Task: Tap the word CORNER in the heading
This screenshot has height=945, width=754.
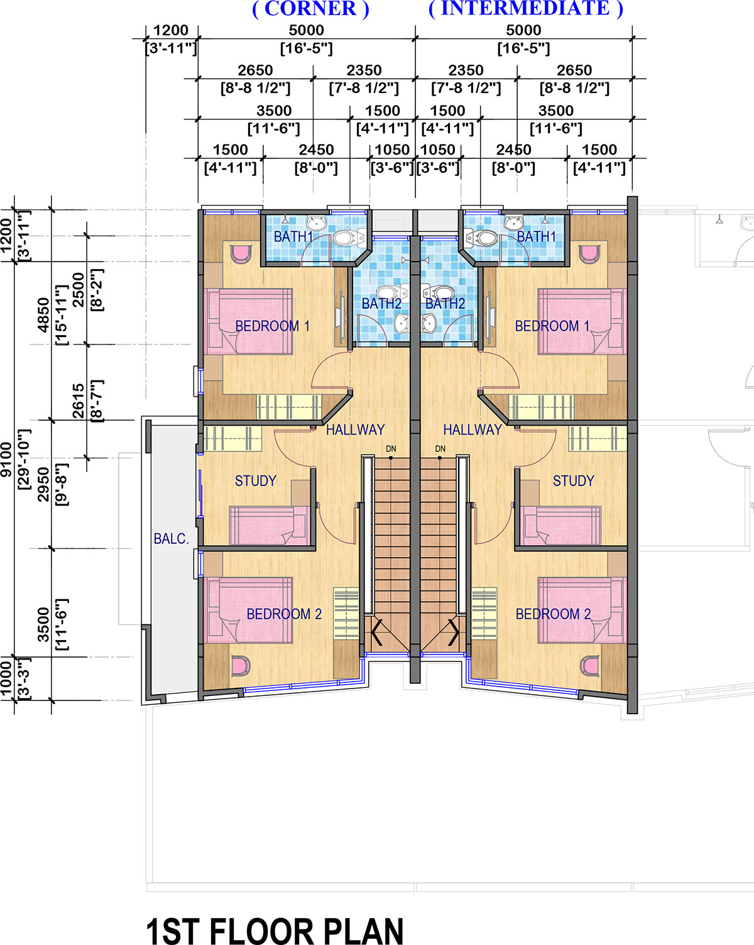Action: tap(310, 8)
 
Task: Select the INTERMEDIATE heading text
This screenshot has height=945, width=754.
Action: tap(525, 8)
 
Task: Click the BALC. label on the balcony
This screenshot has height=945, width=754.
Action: tap(171, 538)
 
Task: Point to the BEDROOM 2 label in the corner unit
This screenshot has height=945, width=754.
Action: tap(284, 614)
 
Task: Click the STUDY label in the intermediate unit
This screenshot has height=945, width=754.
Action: tap(573, 480)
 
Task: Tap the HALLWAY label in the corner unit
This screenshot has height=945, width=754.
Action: tap(356, 429)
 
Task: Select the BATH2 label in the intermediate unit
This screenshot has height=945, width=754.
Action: tap(445, 304)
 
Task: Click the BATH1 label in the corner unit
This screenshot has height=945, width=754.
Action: tap(293, 236)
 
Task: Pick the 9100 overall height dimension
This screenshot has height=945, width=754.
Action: tap(6, 460)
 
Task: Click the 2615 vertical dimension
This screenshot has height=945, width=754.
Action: tap(78, 401)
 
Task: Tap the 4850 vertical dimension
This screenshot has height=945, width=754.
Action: tap(43, 315)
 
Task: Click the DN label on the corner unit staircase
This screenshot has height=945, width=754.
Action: tap(391, 449)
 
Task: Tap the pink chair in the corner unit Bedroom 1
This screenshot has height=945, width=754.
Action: tap(241, 254)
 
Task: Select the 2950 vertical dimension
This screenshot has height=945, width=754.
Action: tap(43, 484)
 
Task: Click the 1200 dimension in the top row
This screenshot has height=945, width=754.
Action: tap(171, 30)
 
